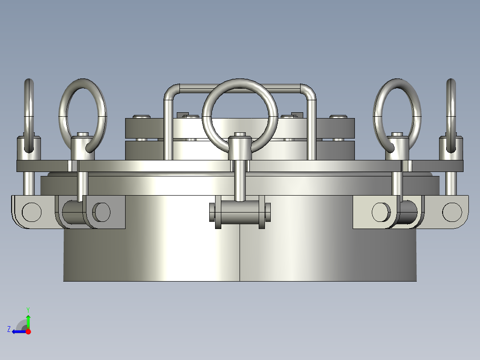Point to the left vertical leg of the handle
(x=168, y=129)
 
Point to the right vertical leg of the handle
(x=312, y=129)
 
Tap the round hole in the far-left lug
(x=32, y=212)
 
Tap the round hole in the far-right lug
(x=452, y=212)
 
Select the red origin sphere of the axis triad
(x=28, y=331)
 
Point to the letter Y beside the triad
(x=28, y=309)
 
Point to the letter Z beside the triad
(x=9, y=329)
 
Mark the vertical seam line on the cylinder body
(x=240, y=254)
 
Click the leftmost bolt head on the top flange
(x=142, y=117)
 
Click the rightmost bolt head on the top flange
(x=338, y=117)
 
